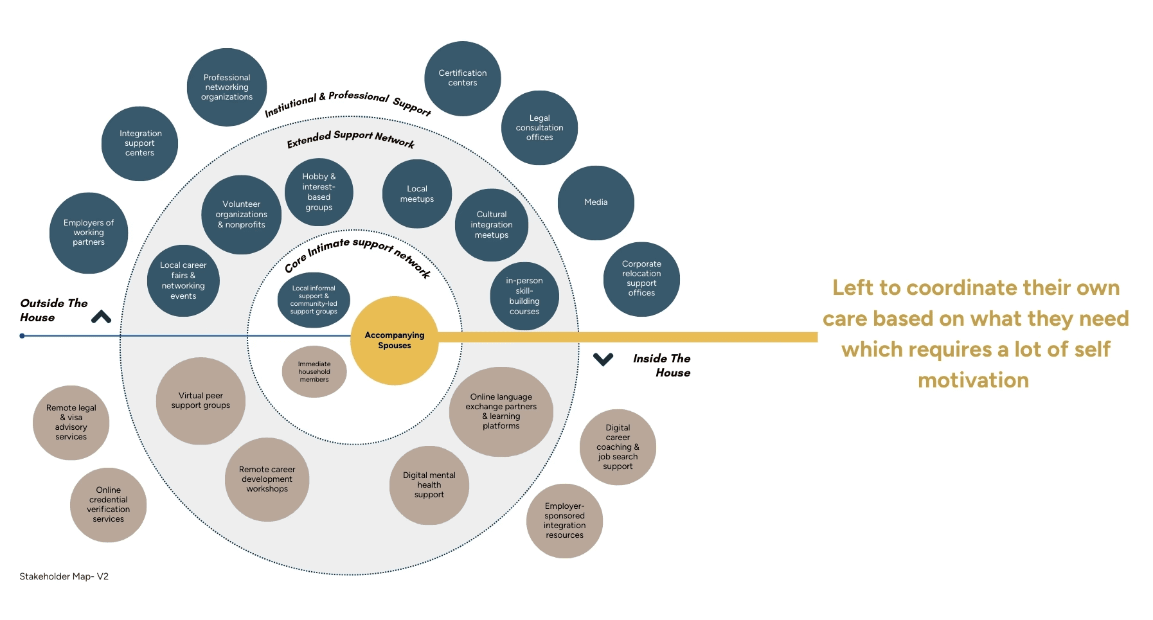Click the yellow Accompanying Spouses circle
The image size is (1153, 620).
point(394,341)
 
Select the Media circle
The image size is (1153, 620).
point(596,202)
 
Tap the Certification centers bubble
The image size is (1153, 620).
point(462,78)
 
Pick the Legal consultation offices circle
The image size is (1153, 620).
point(539,128)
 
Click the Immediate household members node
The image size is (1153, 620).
point(314,371)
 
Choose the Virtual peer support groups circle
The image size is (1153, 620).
point(201,401)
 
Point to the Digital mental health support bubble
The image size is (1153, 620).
point(429,485)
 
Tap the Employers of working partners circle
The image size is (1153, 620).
point(89,233)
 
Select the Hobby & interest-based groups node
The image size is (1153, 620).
point(319,192)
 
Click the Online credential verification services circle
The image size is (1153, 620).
point(108,504)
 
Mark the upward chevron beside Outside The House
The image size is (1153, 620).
point(101,317)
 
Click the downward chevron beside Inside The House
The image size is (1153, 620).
point(603,359)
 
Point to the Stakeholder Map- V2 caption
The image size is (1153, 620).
point(64,576)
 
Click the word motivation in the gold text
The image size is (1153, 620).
point(973,380)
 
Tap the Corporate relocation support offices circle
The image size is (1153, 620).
point(641,279)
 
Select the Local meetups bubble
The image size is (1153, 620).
point(416,194)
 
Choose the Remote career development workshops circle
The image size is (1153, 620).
point(267,479)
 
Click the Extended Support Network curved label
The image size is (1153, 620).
point(351,138)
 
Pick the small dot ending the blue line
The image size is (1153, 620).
point(22,336)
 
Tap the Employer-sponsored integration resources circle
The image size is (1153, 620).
point(564,520)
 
